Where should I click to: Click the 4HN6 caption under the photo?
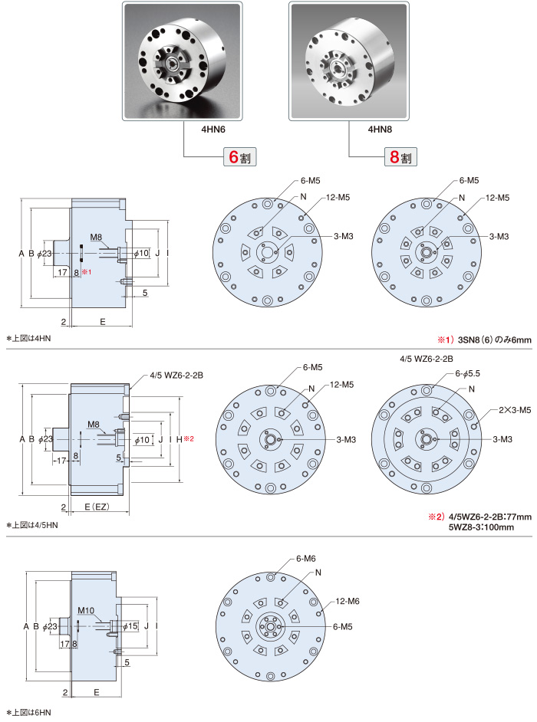(184, 131)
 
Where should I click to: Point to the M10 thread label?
(86, 611)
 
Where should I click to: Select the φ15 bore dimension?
(130, 626)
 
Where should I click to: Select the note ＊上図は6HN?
(28, 713)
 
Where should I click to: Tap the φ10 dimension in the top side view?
(141, 253)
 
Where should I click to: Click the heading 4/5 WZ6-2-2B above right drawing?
(427, 358)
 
